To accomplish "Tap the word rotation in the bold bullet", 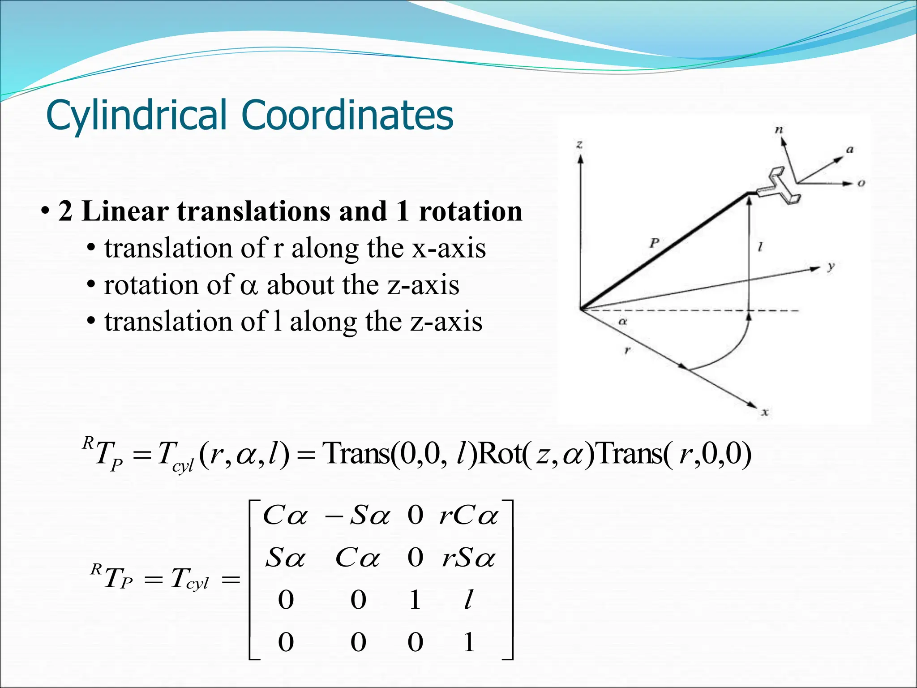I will [x=471, y=211].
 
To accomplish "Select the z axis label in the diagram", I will [x=579, y=144].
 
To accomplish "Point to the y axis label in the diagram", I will [x=831, y=267].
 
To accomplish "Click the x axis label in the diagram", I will [x=765, y=412].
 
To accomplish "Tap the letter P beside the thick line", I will [x=654, y=243].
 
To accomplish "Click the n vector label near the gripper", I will [x=779, y=130].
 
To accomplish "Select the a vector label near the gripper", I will [x=849, y=150].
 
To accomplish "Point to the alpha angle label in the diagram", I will [x=622, y=321].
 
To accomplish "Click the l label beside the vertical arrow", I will [x=760, y=246].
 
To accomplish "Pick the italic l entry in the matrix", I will [x=468, y=599].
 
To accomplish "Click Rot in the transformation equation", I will [x=499, y=454].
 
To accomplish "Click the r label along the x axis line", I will [x=627, y=350].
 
